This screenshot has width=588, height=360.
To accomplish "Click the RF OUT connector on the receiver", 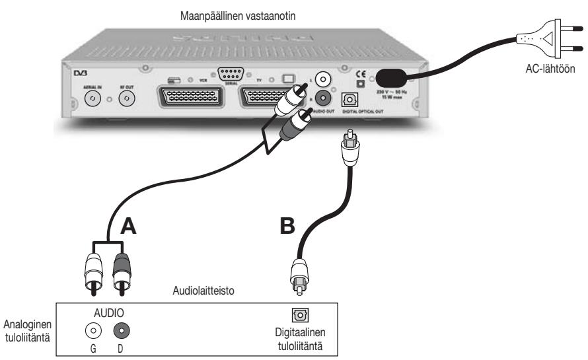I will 126,98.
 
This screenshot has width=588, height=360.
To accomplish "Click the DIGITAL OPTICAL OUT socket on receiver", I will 349,100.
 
